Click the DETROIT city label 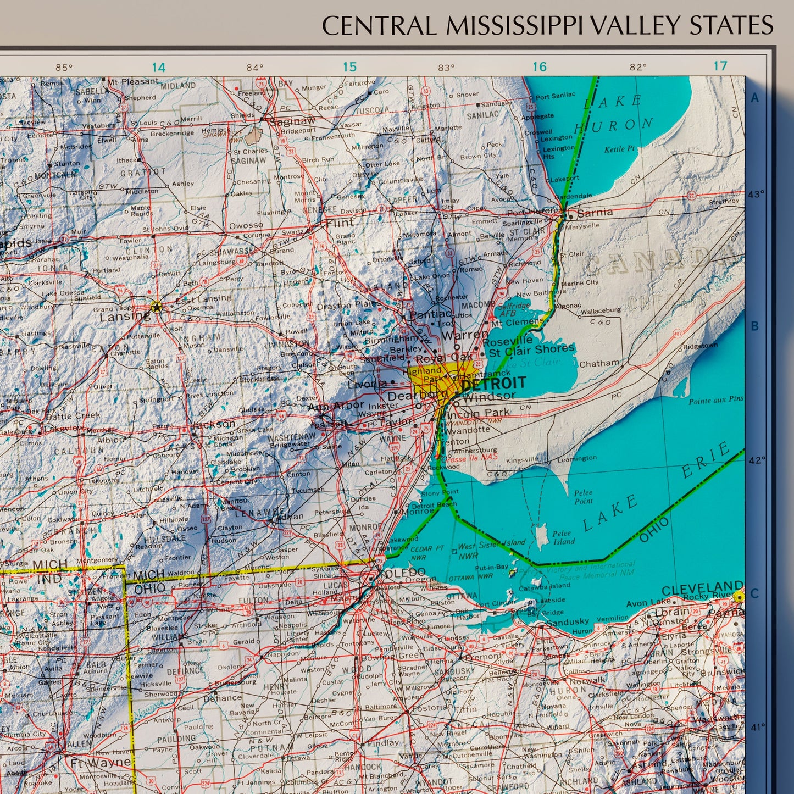(493, 384)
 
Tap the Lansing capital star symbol (157, 307)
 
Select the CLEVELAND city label (702, 589)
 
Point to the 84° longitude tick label (254, 68)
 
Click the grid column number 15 (349, 67)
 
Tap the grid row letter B (754, 326)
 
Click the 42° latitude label (757, 460)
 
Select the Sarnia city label (595, 212)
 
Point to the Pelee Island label (563, 537)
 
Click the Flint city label (340, 223)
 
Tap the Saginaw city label (296, 121)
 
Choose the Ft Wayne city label (100, 763)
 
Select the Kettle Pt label (619, 149)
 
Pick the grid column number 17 (720, 66)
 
